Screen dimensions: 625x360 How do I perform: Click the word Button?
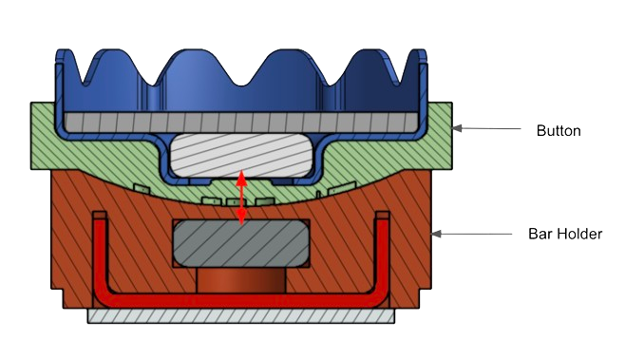click(x=559, y=131)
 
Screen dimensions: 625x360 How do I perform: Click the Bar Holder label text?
click(x=565, y=234)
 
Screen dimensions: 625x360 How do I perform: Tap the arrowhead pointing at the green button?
click(x=457, y=128)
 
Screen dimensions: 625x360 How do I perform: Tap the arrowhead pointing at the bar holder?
click(x=437, y=234)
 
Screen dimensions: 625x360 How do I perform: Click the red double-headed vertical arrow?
click(x=240, y=198)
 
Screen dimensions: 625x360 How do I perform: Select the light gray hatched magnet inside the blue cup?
click(x=240, y=155)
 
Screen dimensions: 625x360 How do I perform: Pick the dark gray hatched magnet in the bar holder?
click(x=240, y=243)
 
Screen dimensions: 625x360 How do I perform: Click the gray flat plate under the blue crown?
click(x=240, y=123)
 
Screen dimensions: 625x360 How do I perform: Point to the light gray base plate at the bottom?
click(x=241, y=315)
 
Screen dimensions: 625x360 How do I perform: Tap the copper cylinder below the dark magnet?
click(x=241, y=280)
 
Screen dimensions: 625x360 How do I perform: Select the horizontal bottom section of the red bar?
click(x=241, y=301)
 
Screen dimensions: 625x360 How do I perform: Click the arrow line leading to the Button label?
click(x=486, y=128)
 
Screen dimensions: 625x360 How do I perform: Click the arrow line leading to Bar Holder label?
click(x=472, y=234)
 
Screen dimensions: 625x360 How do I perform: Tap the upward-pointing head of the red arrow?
click(x=240, y=178)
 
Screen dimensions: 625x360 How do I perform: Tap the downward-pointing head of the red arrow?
click(x=240, y=217)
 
